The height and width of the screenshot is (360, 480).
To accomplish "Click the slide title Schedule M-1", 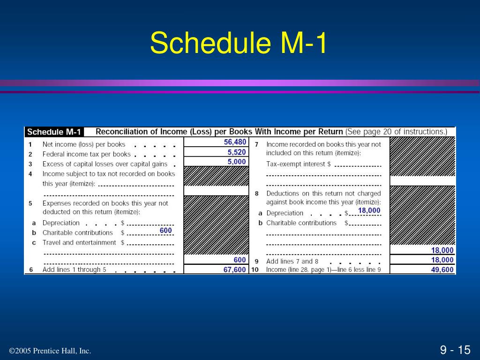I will [239, 44].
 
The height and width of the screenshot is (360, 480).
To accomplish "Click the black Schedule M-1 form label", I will [54, 132].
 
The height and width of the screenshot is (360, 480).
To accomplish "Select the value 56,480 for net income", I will [235, 142].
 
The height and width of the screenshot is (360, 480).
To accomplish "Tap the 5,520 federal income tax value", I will [236, 152].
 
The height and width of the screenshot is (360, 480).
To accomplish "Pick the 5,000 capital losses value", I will [236, 162].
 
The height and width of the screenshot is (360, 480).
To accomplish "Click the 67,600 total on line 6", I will [234, 270].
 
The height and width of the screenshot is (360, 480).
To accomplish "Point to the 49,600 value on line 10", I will [442, 270].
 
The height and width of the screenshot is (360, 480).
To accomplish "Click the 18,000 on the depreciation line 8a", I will [369, 210].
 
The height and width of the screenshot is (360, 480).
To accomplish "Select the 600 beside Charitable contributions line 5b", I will [165, 231].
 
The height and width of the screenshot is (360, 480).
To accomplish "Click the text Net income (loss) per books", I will [84, 144].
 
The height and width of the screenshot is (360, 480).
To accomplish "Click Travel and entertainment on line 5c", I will [79, 242].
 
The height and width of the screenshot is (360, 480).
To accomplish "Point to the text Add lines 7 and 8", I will [292, 261].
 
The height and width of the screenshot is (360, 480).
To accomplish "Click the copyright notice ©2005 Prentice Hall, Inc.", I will [50, 351].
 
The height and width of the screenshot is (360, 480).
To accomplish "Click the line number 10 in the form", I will [255, 270].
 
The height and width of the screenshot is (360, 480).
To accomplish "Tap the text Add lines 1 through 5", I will [74, 270].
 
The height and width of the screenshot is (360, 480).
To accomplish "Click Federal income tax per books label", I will [86, 154].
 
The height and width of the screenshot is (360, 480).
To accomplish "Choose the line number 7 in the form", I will [256, 144].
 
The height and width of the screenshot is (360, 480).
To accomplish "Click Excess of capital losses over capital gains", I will [105, 164].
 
